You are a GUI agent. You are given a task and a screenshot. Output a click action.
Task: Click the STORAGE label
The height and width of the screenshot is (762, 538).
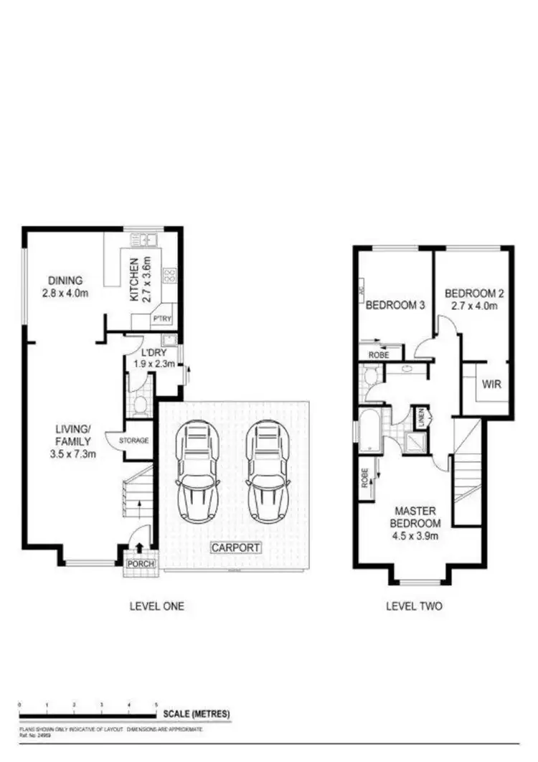pyautogui.click(x=134, y=440)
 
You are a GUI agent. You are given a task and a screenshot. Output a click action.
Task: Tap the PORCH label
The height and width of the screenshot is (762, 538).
pyautogui.click(x=140, y=563)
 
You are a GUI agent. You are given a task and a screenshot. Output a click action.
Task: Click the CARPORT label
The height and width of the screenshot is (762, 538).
pyautogui.click(x=235, y=547)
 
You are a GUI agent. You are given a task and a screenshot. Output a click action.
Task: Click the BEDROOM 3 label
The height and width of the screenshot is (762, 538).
pyautogui.click(x=396, y=305)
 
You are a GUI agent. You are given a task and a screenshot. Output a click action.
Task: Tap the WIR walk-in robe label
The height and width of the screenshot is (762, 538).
pyautogui.click(x=491, y=385)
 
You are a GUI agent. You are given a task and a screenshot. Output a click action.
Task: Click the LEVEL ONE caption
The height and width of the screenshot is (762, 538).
pyautogui.click(x=156, y=606)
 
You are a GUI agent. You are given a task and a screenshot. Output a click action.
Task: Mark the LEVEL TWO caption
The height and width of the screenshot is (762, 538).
pyautogui.click(x=414, y=606)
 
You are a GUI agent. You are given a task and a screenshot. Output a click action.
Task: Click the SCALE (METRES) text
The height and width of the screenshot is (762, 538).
pyautogui.click(x=197, y=714)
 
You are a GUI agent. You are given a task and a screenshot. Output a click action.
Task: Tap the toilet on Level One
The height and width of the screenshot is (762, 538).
pyautogui.click(x=138, y=404)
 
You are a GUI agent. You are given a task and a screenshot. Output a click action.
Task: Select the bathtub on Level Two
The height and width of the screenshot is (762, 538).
pyautogui.click(x=372, y=431)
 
